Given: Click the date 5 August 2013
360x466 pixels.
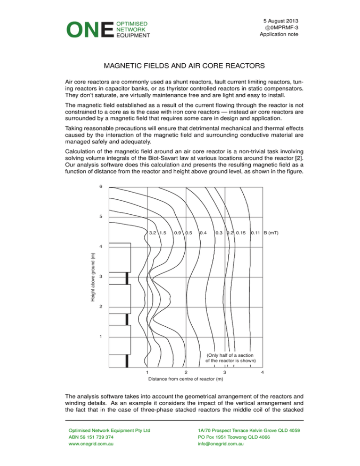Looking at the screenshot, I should pyautogui.click(x=280, y=21).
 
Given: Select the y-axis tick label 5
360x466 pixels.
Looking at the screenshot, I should pyautogui.click(x=100, y=217).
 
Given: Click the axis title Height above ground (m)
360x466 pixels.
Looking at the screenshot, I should pyautogui.click(x=92, y=277).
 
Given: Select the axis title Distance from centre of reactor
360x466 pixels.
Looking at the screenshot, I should pyautogui.click(x=182, y=379).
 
